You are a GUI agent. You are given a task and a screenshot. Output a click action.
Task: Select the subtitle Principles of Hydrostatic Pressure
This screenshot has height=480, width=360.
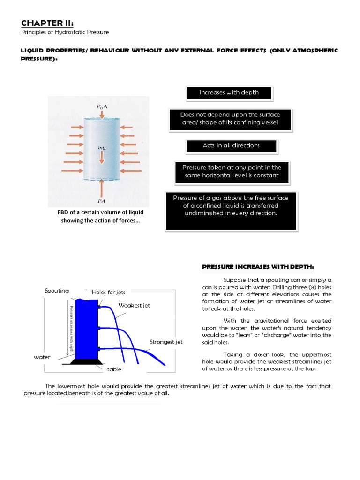65,32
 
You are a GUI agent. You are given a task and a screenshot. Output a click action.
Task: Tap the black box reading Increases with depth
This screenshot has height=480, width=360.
229,93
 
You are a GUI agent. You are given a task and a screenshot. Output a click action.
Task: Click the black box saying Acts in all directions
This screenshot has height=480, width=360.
231,146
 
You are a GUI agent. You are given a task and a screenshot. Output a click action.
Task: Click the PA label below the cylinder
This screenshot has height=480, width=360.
101,200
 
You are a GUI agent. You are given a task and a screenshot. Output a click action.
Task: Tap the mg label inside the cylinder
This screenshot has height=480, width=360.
101,148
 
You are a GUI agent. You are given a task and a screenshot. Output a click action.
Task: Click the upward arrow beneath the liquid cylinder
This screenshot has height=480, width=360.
102,187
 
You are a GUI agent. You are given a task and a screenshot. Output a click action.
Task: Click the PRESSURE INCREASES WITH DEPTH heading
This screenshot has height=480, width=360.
251,267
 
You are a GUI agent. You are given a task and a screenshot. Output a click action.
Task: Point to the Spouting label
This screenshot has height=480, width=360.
57,291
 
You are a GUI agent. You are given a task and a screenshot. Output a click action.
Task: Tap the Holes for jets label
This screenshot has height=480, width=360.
108,292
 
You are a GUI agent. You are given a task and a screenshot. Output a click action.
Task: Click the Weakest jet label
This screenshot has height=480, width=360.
134,305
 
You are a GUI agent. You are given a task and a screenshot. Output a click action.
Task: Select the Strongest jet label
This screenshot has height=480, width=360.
166,342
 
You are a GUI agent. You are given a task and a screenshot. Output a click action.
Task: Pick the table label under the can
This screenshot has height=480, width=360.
114,369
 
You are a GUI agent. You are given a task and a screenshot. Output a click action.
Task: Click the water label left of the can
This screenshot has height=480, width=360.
41,357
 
